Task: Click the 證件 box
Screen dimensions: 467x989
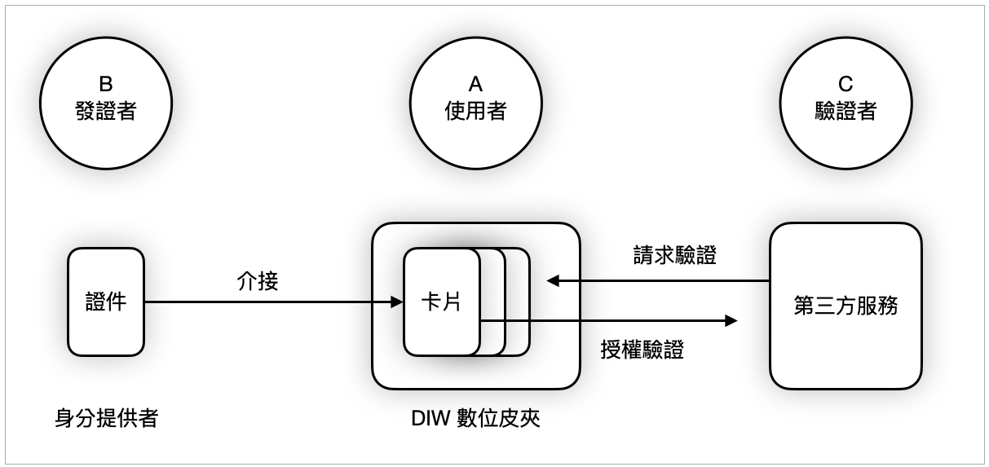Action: tap(105, 302)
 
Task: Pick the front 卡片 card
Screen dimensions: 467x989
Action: tap(440, 302)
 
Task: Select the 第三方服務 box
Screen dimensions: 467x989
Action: tap(846, 306)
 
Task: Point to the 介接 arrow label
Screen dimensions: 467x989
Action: tap(257, 282)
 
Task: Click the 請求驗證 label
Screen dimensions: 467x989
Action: tap(674, 255)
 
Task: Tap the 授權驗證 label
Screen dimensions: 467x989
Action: tap(642, 350)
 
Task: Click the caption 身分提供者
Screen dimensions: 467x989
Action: tap(106, 419)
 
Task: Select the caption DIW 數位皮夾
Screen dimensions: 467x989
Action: tap(476, 419)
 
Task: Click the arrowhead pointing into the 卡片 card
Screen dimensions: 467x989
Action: tap(398, 302)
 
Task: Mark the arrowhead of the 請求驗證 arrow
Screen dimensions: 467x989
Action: tap(552, 281)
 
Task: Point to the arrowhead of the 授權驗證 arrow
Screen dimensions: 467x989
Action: tap(731, 321)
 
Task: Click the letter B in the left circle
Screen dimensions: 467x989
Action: tap(105, 84)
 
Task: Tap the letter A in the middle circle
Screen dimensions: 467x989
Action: tap(475, 84)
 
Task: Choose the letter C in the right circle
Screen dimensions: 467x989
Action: tap(846, 84)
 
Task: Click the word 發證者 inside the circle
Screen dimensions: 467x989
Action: tap(105, 111)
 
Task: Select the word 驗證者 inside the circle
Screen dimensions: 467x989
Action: tap(846, 111)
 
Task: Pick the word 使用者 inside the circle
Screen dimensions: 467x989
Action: tap(475, 111)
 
